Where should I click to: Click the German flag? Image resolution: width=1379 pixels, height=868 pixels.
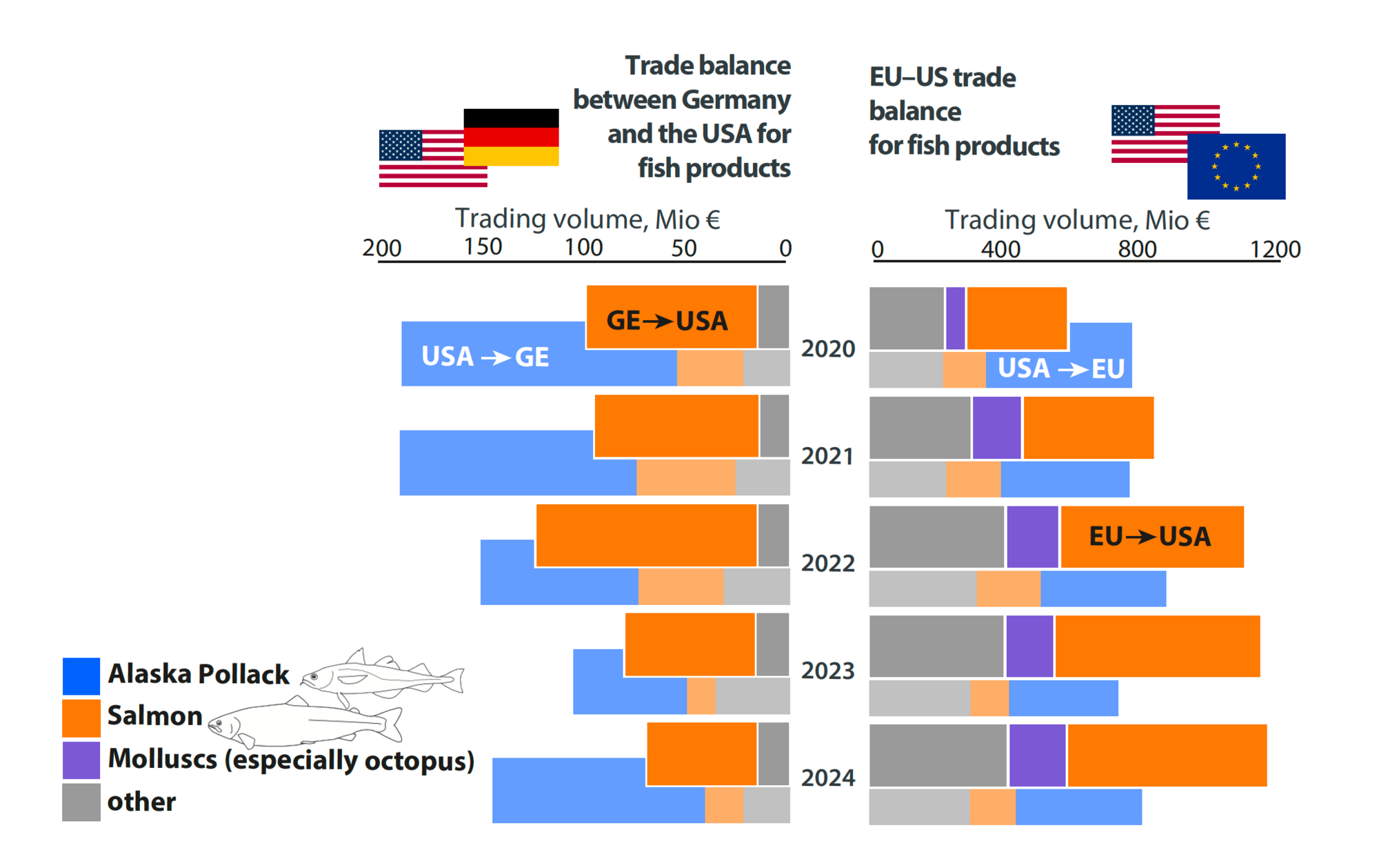tap(511, 137)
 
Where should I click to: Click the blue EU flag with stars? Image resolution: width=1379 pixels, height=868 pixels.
tap(1236, 166)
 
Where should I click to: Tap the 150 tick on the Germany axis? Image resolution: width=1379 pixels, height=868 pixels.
tap(483, 247)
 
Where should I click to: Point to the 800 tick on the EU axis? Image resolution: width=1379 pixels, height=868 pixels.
tap(1137, 249)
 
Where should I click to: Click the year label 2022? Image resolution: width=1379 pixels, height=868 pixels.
tap(827, 564)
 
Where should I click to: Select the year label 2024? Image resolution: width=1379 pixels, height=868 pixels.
tap(827, 778)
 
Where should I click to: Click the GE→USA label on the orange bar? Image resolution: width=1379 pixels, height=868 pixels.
tap(667, 321)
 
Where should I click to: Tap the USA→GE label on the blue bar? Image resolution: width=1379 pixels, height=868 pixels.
tap(485, 357)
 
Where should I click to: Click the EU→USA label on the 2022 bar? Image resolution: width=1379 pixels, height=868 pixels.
tap(1149, 537)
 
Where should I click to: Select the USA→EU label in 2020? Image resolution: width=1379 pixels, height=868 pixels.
tap(1060, 368)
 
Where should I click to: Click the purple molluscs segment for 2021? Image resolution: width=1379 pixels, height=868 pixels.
tap(996, 428)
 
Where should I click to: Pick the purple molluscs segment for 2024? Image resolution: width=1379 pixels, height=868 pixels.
tap(1037, 756)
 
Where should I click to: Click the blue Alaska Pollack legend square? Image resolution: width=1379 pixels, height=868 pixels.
tap(81, 676)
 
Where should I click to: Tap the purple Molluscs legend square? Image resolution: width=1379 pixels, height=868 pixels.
tap(81, 760)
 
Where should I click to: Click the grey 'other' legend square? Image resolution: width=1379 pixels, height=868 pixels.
tap(81, 802)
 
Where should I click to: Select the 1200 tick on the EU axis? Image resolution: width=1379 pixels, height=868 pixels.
tap(1275, 249)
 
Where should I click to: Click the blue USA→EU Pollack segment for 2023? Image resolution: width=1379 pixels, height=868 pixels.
tap(1063, 698)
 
